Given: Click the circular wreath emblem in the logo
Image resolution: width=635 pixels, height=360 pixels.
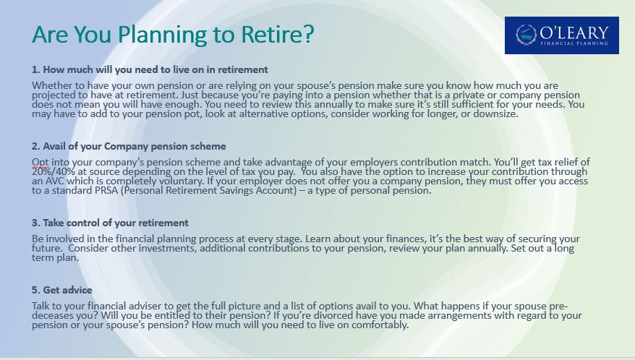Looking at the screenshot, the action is tap(526, 35).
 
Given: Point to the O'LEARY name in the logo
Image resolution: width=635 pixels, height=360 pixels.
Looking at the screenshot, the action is tap(574, 33).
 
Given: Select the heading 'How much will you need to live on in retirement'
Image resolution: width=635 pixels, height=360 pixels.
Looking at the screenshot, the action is tap(155, 69).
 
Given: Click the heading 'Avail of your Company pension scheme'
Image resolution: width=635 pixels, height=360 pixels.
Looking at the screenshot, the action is tap(135, 146).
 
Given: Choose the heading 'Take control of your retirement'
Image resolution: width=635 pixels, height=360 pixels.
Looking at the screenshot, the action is tap(116, 223).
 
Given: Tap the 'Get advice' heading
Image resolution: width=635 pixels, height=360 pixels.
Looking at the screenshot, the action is tap(68, 290).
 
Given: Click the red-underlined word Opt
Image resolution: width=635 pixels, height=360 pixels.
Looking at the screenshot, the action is tap(41, 163).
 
